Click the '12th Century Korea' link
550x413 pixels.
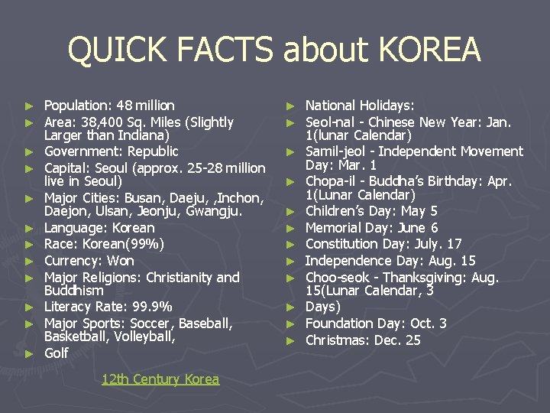click(160, 379)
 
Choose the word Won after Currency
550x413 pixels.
click(121, 261)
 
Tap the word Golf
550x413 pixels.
click(57, 353)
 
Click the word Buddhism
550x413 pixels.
click(73, 291)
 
